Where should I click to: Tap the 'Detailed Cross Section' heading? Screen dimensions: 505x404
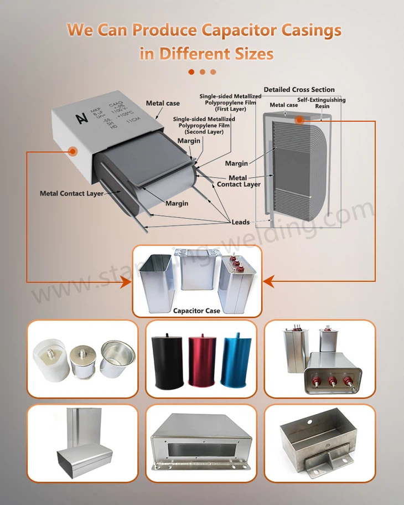pyautogui.click(x=299, y=90)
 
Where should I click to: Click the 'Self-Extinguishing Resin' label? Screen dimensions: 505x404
pyautogui.click(x=322, y=103)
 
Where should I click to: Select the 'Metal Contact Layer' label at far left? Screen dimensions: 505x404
pyautogui.click(x=71, y=194)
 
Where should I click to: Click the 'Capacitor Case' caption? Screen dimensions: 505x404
pyautogui.click(x=196, y=311)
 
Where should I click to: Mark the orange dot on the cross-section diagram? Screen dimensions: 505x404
pyautogui.click(x=299, y=120)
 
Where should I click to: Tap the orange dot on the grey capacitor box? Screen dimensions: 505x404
pyautogui.click(x=72, y=150)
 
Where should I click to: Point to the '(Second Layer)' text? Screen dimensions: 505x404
pyautogui.click(x=204, y=132)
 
